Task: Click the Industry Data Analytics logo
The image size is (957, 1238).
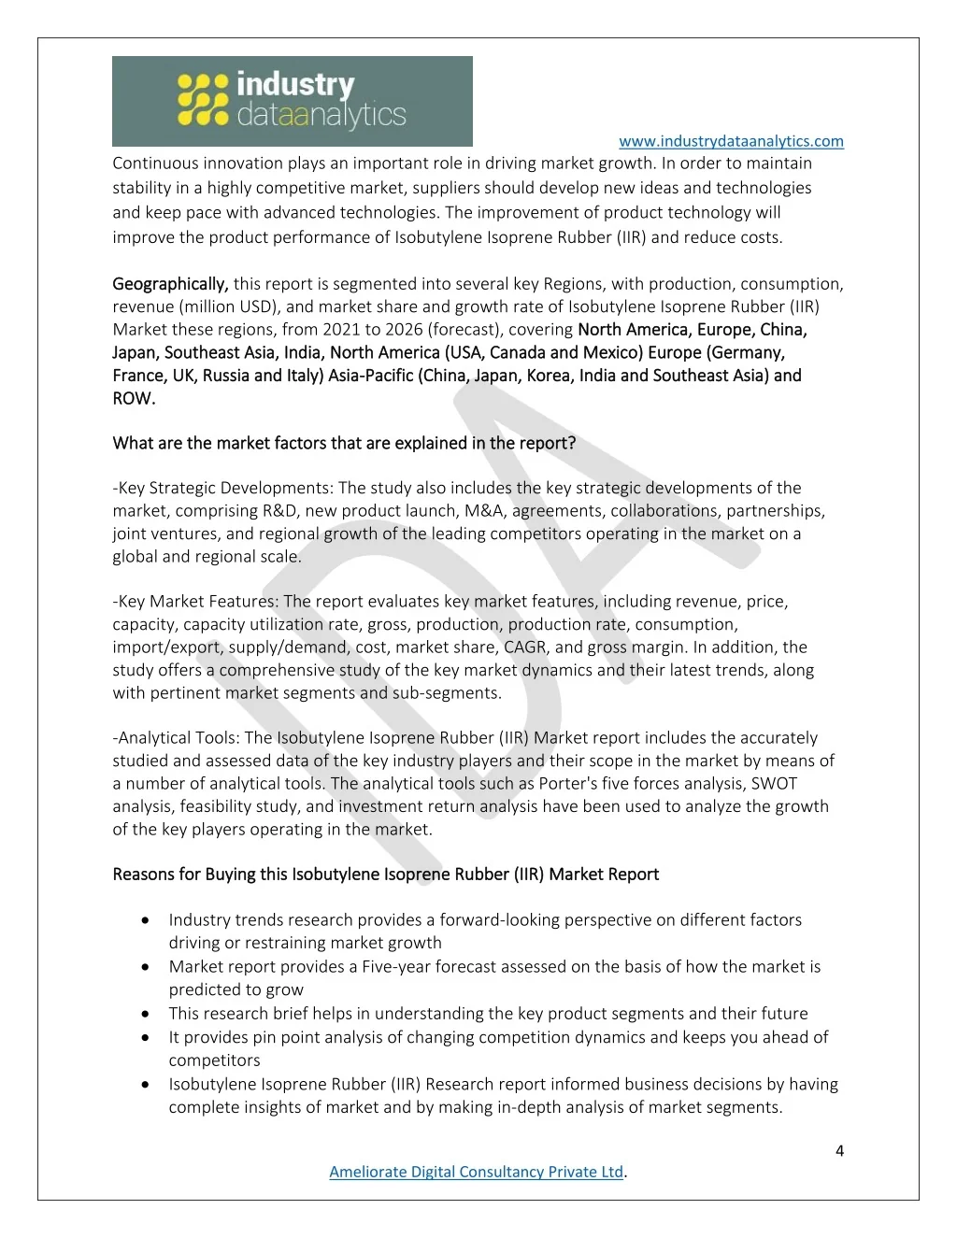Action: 292,101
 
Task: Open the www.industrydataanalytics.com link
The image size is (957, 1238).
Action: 731,141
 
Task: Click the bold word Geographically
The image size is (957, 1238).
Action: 170,284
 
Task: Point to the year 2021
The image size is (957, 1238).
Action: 341,330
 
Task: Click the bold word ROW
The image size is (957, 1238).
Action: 134,398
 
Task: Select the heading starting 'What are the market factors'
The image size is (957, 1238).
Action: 344,443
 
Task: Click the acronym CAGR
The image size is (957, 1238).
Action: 524,647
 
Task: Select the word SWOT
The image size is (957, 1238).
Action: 776,784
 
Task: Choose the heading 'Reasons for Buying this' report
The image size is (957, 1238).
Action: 385,875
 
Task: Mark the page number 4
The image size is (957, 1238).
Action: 839,1151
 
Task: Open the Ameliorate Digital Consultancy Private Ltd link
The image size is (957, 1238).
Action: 476,1172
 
